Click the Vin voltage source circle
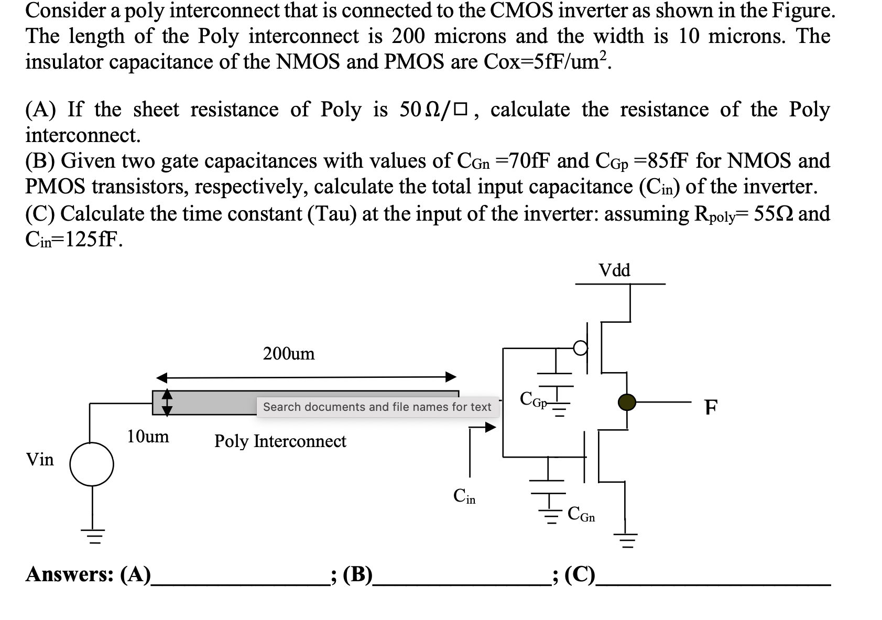coord(92,464)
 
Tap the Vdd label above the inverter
coord(614,270)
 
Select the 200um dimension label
coord(289,354)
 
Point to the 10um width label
coord(148,436)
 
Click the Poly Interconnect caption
coord(280,441)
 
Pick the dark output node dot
coord(627,402)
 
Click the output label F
coord(711,407)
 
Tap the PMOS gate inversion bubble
coord(580,347)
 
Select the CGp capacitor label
coord(533,399)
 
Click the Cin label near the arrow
coord(464,496)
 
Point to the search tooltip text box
coord(377,407)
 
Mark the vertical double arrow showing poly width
coord(167,403)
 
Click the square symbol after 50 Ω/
coord(460,111)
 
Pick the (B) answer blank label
coord(357,574)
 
